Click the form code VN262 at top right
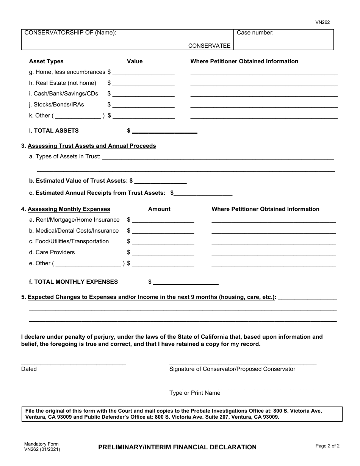[x=322, y=22]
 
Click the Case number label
[x=255, y=33]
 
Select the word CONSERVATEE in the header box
[x=209, y=45]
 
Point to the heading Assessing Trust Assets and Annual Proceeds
[x=92, y=146]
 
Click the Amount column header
[x=159, y=209]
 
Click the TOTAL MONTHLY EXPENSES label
[x=74, y=281]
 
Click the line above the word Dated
[x=74, y=364]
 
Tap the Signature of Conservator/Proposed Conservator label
[x=232, y=369]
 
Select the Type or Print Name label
[x=195, y=393]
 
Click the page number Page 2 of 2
[x=327, y=446]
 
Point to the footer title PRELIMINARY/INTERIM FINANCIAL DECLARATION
[x=177, y=447]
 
